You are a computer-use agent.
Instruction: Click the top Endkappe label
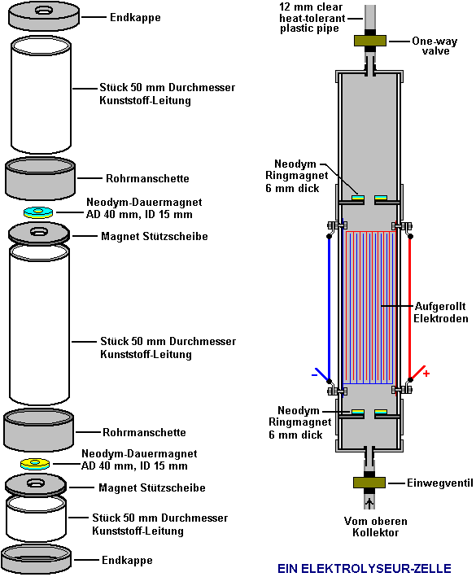(135, 17)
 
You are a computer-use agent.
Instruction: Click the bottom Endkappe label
(127, 560)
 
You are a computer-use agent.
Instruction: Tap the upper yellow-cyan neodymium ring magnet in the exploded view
(38, 212)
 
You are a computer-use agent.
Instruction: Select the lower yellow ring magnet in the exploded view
(35, 464)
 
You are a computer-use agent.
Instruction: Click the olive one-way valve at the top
(370, 41)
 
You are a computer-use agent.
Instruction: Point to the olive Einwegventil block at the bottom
(369, 482)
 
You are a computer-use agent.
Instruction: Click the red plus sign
(426, 374)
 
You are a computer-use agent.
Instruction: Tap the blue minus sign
(315, 375)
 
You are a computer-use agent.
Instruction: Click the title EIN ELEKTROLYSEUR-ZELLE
(365, 568)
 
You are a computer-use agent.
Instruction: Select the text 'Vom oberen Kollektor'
(376, 527)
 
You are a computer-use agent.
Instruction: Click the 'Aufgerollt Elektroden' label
(441, 312)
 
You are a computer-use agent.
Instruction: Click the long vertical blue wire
(330, 308)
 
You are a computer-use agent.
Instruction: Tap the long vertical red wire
(410, 308)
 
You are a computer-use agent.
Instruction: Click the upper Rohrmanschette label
(147, 178)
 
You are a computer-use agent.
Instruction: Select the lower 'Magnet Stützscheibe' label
(152, 487)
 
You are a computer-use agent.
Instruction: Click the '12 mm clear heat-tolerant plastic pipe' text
(312, 18)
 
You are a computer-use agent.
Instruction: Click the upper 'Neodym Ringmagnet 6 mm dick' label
(296, 176)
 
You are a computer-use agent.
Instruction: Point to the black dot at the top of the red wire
(410, 236)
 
